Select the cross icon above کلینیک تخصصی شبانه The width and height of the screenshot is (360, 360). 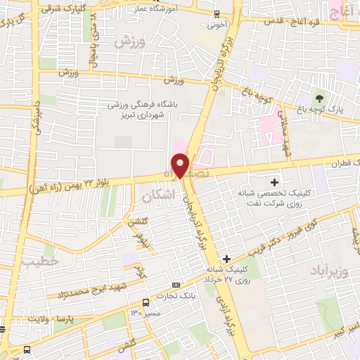point(274,183)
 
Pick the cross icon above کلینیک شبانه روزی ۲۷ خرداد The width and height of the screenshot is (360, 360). point(226,259)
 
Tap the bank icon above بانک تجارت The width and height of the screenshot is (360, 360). point(176,285)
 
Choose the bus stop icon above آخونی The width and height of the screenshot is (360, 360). point(215,13)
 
